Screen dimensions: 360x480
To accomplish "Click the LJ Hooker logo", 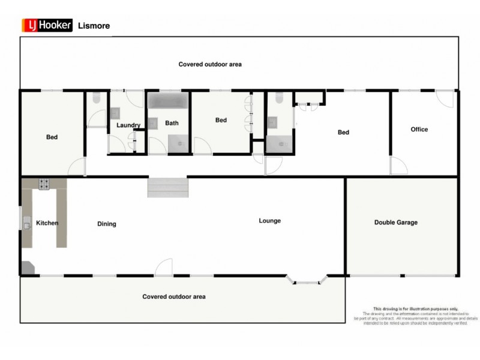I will pyautogui.click(x=47, y=25).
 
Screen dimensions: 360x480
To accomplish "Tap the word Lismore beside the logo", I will pyautogui.click(x=94, y=26).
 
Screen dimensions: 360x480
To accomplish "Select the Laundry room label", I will pyautogui.click(x=128, y=125).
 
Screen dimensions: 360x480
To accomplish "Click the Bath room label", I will pyautogui.click(x=172, y=124).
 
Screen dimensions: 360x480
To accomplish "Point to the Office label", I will pyautogui.click(x=419, y=130).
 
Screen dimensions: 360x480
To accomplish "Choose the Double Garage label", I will pyautogui.click(x=396, y=223).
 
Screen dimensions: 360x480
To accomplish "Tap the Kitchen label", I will pyautogui.click(x=47, y=223).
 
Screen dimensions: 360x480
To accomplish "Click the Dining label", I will pyautogui.click(x=107, y=224).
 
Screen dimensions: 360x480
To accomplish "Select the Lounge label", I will pyautogui.click(x=270, y=221).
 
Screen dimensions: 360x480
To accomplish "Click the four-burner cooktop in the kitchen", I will pyautogui.click(x=44, y=184).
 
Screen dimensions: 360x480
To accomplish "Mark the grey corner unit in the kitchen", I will pyautogui.click(x=28, y=268).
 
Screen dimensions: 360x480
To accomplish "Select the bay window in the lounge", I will pyautogui.click(x=307, y=280).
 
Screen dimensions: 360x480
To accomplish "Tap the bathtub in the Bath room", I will pyautogui.click(x=169, y=100).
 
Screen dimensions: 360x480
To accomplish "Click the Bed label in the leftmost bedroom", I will pyautogui.click(x=52, y=137).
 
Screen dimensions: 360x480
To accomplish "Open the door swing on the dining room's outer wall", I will pyautogui.click(x=164, y=268).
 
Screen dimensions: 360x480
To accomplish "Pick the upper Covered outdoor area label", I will pyautogui.click(x=210, y=64).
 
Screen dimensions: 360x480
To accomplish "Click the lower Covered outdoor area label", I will pyautogui.click(x=174, y=297).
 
